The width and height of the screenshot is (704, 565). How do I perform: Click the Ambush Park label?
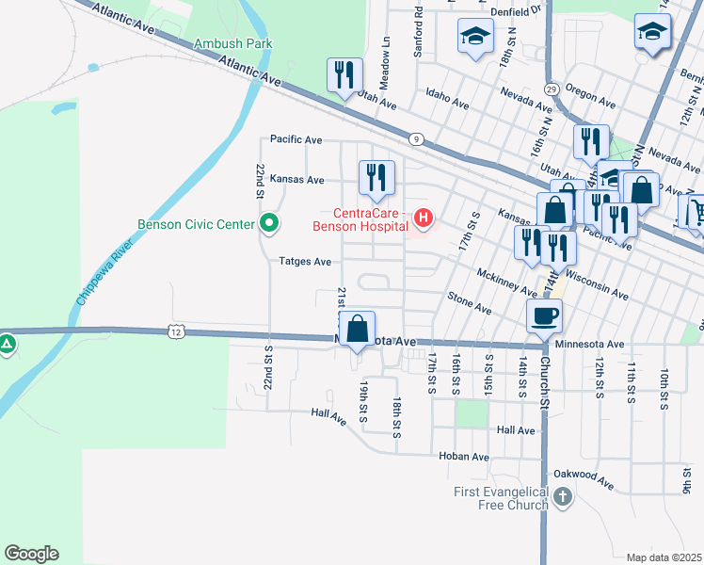click(x=233, y=43)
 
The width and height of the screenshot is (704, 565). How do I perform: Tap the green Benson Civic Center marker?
click(x=269, y=223)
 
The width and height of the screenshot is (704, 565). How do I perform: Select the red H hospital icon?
click(x=424, y=220)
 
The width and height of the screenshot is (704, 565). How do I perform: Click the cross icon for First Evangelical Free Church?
click(x=562, y=496)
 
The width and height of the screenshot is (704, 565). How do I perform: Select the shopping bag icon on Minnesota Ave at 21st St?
click(x=357, y=330)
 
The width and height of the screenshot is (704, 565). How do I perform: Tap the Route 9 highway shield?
click(x=414, y=138)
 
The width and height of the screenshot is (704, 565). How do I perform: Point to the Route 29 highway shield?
click(x=552, y=89)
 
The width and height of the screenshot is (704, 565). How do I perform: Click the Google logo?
click(x=31, y=554)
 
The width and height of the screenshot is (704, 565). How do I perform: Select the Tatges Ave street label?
click(x=304, y=261)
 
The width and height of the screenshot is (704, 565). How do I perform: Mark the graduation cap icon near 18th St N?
click(x=475, y=37)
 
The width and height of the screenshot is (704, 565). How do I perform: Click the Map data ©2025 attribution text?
click(x=664, y=557)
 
